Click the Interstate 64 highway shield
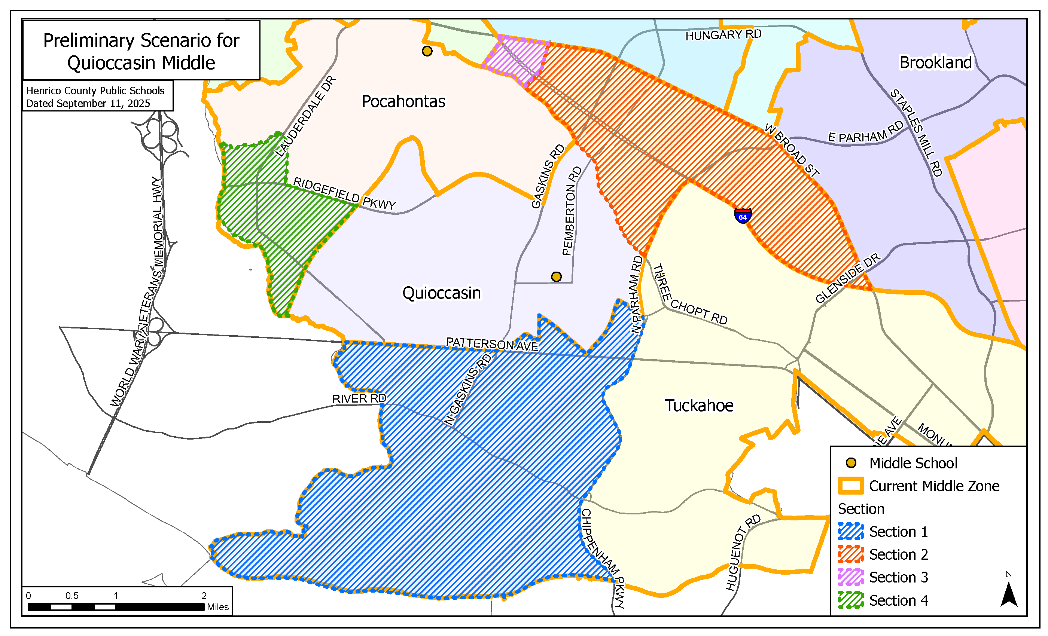click(743, 216)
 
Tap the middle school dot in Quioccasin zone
click(556, 277)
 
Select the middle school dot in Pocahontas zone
click(427, 51)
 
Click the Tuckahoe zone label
click(699, 406)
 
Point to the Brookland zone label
click(935, 62)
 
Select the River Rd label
click(359, 399)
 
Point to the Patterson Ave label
click(492, 344)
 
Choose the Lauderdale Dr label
click(306, 116)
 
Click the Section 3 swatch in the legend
click(851, 577)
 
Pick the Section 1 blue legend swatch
click(851, 531)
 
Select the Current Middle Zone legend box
click(851, 486)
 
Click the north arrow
click(1008, 593)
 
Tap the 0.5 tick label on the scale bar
click(72, 596)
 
